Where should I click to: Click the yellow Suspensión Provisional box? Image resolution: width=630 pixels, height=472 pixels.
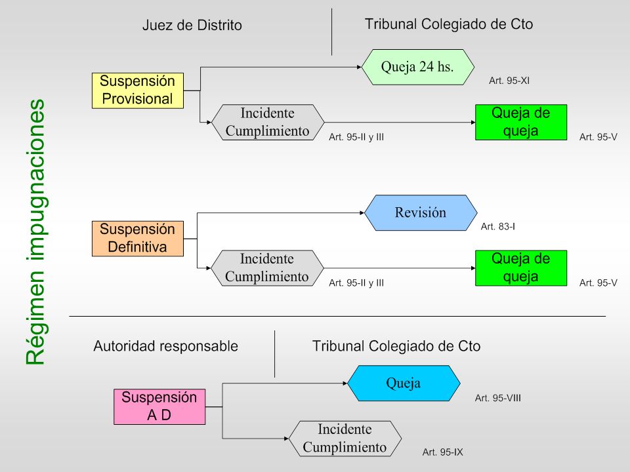coord(138,90)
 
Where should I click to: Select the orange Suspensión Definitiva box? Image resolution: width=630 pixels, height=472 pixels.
coord(138,239)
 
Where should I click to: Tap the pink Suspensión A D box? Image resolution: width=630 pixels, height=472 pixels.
coord(159,406)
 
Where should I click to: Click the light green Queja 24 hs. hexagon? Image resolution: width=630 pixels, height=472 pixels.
coord(418,67)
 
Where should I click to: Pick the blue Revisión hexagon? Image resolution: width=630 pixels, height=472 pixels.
coord(421,212)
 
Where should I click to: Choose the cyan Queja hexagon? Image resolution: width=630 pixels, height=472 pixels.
coord(404,383)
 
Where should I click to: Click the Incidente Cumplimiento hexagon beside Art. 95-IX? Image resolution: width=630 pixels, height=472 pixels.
coord(345,439)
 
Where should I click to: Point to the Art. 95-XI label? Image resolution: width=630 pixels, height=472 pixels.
coord(509,81)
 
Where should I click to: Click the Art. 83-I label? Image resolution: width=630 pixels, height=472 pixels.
coord(498,226)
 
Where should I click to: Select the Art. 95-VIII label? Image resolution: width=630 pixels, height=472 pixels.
coord(498,398)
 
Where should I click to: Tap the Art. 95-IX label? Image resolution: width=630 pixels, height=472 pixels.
coord(442,452)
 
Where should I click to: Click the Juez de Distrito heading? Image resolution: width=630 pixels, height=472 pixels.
coord(192,26)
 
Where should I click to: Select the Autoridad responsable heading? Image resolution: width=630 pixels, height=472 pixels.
coord(166,346)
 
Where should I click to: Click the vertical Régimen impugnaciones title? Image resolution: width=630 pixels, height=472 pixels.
coord(35,232)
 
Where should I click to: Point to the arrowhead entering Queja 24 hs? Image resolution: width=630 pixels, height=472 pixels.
coord(359,67)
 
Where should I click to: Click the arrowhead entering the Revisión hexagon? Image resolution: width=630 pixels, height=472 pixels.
coord(362,212)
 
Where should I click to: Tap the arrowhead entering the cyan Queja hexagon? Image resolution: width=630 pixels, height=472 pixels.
coord(345,383)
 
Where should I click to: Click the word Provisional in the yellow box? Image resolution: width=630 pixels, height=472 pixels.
coord(137,99)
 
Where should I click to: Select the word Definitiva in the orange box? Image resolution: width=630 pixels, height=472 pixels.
coord(137,246)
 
